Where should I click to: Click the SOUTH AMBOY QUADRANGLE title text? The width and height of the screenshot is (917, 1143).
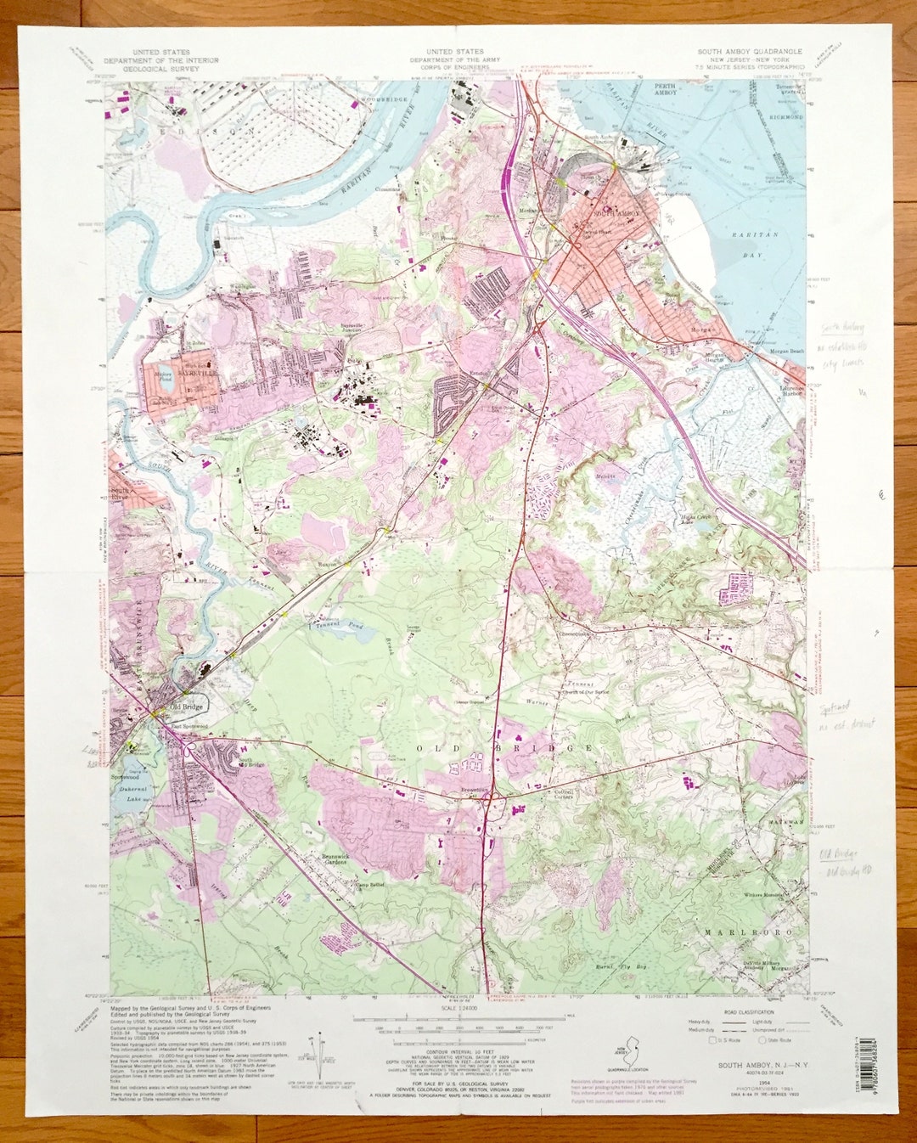click(x=749, y=52)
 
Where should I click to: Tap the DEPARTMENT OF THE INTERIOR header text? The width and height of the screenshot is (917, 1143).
click(x=161, y=60)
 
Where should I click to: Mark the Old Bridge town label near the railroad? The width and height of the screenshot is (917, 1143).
click(x=187, y=707)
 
